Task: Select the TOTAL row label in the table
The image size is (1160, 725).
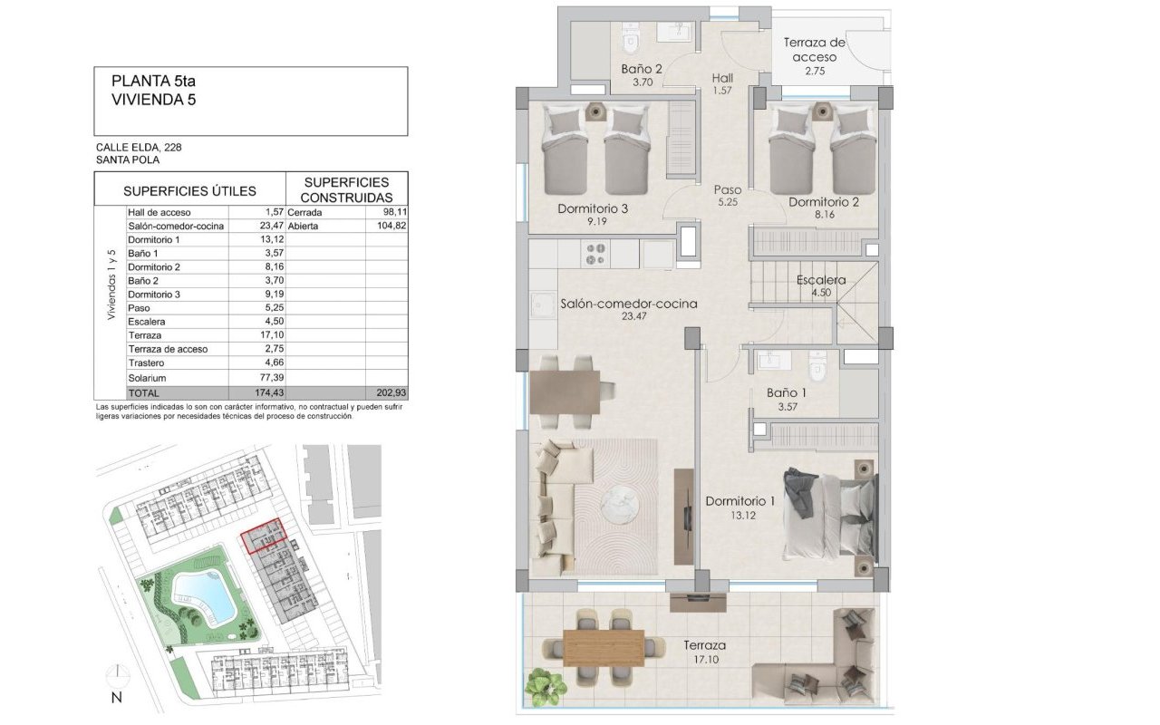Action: (x=144, y=393)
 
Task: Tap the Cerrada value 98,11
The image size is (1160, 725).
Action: (x=393, y=212)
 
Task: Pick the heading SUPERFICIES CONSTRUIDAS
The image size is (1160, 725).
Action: (x=346, y=189)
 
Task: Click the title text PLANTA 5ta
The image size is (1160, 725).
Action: (x=153, y=81)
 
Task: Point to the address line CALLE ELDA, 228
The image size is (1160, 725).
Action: (x=139, y=147)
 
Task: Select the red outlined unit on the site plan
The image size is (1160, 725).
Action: (x=264, y=536)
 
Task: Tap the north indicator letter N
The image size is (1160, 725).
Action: (x=117, y=698)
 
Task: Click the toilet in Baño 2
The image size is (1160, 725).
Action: (x=630, y=41)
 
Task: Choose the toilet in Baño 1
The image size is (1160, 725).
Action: (x=817, y=366)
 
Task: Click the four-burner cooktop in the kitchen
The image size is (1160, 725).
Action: (x=595, y=254)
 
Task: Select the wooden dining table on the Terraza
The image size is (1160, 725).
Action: (x=604, y=647)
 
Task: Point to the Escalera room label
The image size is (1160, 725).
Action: (x=821, y=280)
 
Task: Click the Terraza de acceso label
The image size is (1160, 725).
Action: (x=814, y=50)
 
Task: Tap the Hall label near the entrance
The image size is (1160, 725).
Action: (x=722, y=78)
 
